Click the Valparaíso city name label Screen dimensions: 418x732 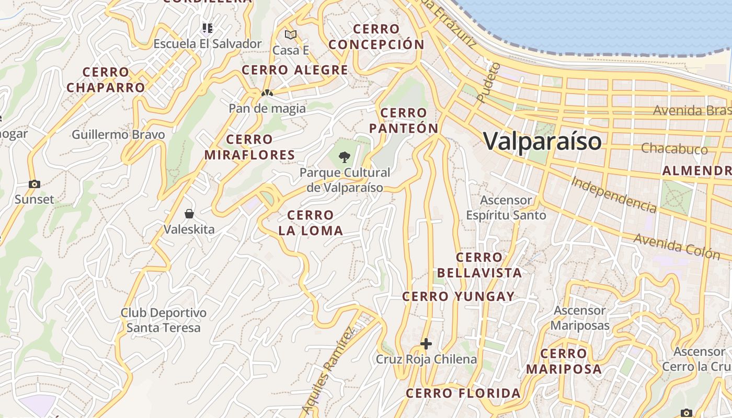click(542, 141)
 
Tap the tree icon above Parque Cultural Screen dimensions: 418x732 click(344, 156)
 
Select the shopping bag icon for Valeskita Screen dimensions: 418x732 click(189, 214)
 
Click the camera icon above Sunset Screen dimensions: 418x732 click(35, 184)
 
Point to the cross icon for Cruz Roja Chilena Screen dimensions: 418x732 click(426, 343)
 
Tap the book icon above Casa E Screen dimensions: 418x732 click(291, 35)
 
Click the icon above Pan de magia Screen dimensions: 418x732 click(267, 93)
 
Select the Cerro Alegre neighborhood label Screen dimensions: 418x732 click(295, 70)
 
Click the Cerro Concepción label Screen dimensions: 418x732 click(376, 37)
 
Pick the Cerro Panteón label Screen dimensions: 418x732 click(404, 121)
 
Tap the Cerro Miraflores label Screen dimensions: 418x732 click(249, 147)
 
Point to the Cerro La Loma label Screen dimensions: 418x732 click(311, 223)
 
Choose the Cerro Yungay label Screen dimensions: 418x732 click(459, 297)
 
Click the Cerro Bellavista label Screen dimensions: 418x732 click(479, 265)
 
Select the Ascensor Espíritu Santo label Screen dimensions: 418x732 click(506, 208)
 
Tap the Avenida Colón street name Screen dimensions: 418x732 click(677, 246)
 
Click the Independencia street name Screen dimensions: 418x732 click(614, 194)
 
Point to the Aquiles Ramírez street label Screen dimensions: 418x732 click(328, 369)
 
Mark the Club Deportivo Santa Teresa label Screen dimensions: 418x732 click(164, 320)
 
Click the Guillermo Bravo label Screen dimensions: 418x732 click(118, 135)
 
